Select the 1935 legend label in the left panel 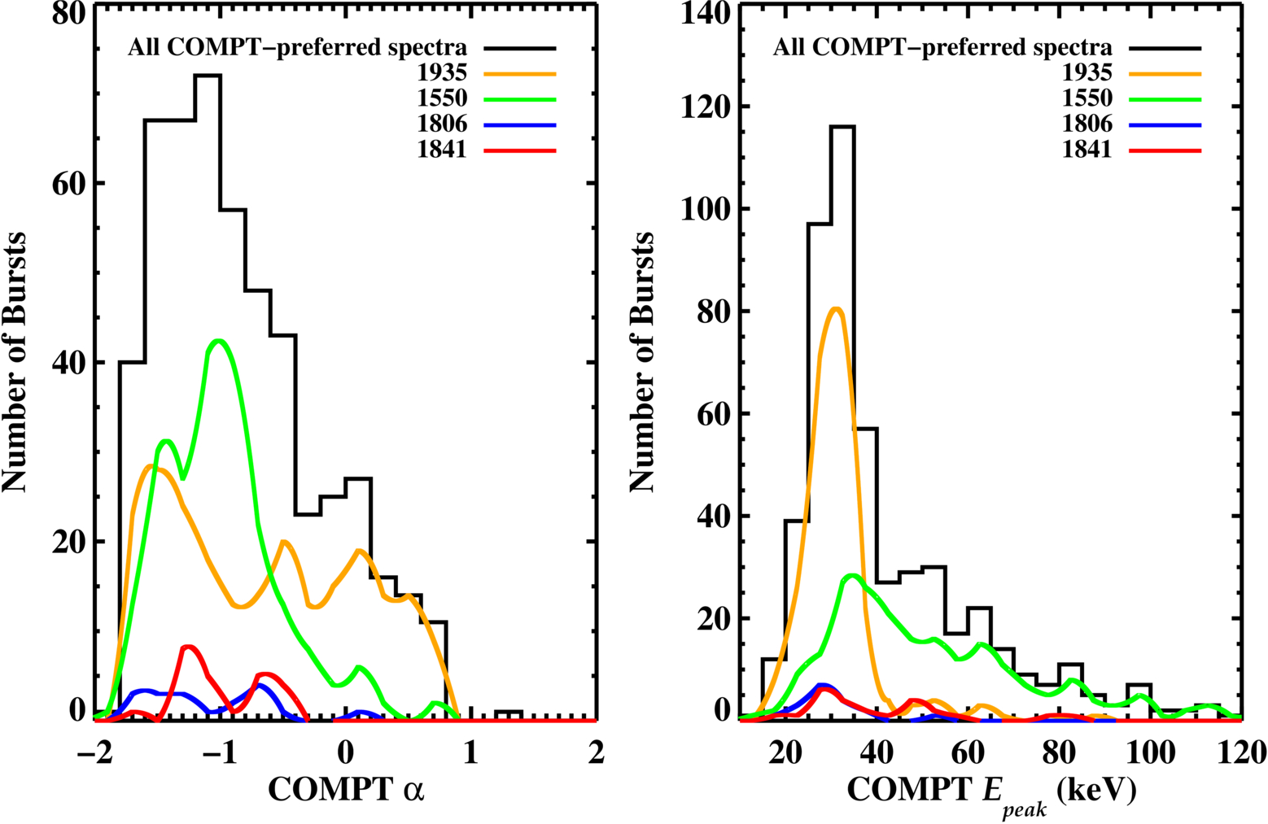442,72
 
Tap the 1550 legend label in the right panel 1087,98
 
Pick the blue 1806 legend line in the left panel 520,125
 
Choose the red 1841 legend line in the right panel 1165,151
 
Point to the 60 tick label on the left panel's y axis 68,183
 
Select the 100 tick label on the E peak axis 1150,752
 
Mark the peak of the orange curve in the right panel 837,309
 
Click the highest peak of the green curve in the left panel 218,341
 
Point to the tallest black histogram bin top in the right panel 842,126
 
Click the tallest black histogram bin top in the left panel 208,75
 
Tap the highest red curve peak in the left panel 189,647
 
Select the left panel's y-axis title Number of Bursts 14,361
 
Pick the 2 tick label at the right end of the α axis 596,752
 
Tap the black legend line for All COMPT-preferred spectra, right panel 1165,49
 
